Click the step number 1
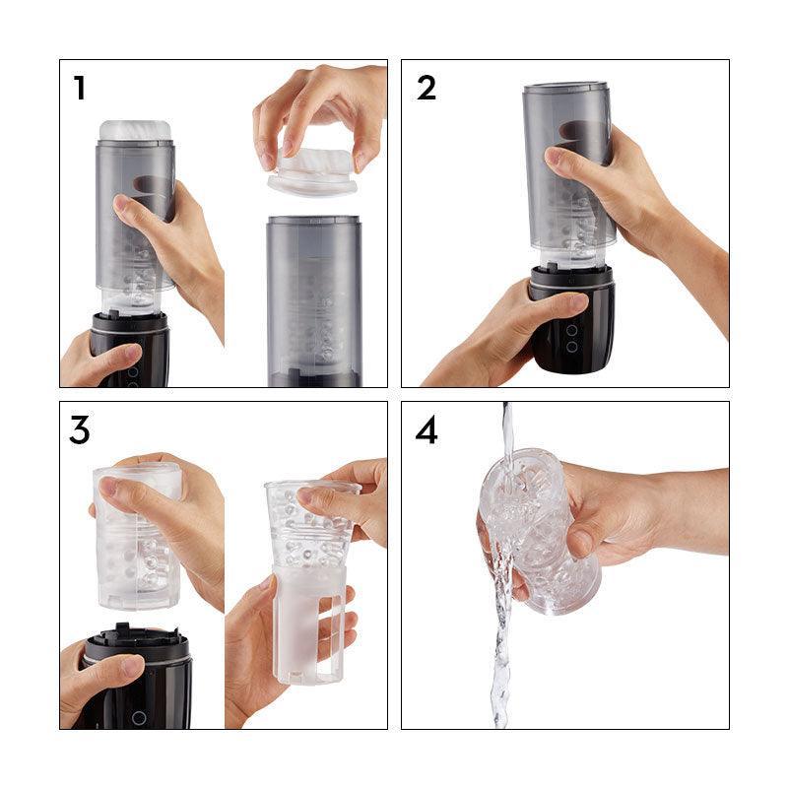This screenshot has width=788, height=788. coord(79,89)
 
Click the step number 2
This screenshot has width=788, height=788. coord(426,88)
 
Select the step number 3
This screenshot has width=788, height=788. coord(80,429)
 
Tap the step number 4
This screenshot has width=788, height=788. coord(427,429)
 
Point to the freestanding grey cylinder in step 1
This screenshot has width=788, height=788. coord(314,295)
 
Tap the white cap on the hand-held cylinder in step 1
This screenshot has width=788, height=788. coord(136,130)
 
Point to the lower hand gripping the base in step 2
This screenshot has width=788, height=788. coord(492,335)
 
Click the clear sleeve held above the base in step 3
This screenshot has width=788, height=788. coord(138,537)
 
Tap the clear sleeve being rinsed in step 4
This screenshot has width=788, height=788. coord(537,532)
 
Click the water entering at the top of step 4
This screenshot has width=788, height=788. coord(507,428)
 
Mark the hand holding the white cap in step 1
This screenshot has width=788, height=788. coord(320,108)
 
